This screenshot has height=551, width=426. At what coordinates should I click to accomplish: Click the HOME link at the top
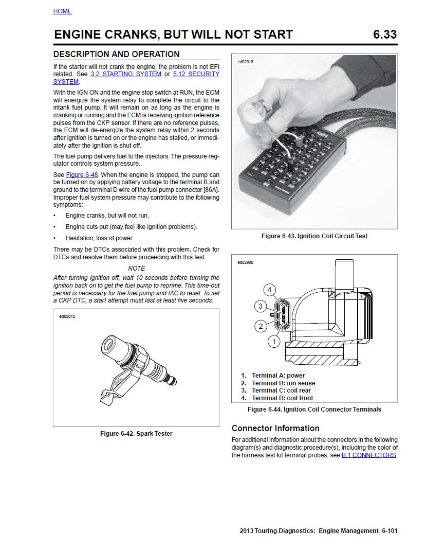[62, 11]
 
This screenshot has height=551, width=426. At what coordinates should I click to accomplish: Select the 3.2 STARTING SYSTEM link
[125, 74]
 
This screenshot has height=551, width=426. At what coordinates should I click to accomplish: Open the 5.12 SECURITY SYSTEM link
[196, 74]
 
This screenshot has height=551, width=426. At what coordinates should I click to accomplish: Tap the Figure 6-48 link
[82, 174]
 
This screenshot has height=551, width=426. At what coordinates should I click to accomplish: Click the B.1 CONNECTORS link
[368, 455]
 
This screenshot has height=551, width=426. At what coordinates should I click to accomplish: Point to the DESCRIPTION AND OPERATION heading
[117, 54]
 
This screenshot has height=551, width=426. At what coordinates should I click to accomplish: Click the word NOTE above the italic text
[136, 268]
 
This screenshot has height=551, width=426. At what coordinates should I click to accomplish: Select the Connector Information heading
[275, 428]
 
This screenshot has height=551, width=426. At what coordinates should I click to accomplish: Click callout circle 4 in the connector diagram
[270, 289]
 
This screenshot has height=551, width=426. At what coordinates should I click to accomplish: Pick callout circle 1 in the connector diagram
[274, 341]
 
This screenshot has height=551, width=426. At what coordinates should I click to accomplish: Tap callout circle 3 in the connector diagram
[261, 307]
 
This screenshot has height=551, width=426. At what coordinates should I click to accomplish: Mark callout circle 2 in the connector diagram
[261, 325]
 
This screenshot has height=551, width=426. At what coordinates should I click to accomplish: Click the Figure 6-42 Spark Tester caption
[136, 434]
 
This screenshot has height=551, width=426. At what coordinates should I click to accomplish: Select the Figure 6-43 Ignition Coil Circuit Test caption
[314, 236]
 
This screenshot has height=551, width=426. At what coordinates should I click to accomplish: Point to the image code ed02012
[67, 317]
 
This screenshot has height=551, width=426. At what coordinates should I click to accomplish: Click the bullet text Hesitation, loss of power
[99, 238]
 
